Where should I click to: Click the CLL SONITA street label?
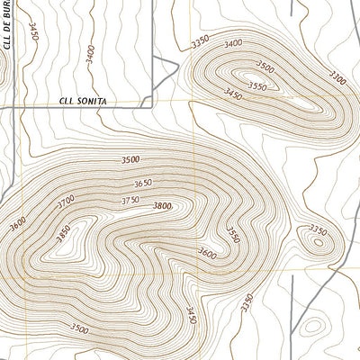83,102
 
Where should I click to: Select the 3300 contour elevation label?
337,79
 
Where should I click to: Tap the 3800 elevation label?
162,206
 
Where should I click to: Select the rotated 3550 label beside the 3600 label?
233,236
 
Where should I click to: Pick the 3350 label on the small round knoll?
318,229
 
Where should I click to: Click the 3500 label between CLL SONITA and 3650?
130,159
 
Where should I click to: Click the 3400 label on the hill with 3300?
234,43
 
